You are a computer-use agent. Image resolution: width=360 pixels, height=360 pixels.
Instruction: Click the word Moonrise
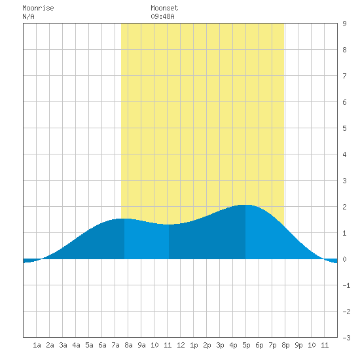click(x=38, y=8)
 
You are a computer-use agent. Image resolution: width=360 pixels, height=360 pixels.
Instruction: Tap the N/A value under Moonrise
click(x=28, y=16)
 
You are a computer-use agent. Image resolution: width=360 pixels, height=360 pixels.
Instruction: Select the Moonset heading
click(x=164, y=8)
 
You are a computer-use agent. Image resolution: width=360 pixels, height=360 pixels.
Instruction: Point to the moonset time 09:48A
click(x=162, y=16)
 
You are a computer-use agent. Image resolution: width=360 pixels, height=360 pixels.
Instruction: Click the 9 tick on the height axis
click(x=344, y=24)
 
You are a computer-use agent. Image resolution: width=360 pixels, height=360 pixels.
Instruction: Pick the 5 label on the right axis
click(x=344, y=128)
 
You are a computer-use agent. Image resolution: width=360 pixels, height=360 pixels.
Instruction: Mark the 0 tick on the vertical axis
click(x=344, y=259)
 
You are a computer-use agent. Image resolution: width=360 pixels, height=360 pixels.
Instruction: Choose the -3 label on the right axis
click(x=346, y=338)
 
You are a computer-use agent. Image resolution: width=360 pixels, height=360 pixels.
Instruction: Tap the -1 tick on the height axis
click(x=346, y=285)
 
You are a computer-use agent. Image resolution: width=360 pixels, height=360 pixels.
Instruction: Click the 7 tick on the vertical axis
click(x=344, y=76)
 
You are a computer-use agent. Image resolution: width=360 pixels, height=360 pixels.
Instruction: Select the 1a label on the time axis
click(x=37, y=345)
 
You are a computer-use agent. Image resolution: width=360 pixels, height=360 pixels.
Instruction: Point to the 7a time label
click(x=115, y=345)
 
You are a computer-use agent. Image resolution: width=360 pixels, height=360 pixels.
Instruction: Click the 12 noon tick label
click(x=181, y=345)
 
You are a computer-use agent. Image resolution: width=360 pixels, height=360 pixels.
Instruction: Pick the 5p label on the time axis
click(x=246, y=345)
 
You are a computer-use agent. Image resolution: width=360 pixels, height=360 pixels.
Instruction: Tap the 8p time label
click(x=285, y=345)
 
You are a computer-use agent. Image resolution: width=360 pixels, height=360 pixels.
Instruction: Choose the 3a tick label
click(x=63, y=345)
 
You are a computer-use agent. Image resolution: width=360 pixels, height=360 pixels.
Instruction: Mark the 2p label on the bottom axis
click(x=207, y=345)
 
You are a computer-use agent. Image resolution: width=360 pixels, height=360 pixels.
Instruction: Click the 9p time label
click(x=298, y=345)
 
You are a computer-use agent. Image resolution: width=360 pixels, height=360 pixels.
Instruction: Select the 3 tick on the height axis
click(x=344, y=181)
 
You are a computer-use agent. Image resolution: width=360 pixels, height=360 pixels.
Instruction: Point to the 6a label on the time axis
click(x=102, y=345)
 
